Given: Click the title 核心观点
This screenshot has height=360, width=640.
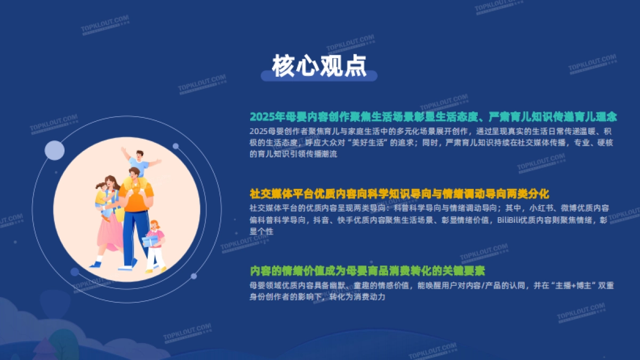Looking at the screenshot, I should coord(319,66).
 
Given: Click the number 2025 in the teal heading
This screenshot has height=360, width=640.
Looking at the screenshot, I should coord(261,116).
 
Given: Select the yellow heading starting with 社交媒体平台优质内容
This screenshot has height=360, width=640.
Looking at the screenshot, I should coord(399,193).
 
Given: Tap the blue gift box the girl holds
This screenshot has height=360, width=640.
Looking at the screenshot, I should coord(150,241).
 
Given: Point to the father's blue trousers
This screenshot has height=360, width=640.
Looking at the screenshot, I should coord(134,235).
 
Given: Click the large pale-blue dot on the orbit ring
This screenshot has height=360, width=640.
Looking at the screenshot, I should coord(54,150).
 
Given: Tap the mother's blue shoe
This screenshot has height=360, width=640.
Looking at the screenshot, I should coord(96,264).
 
